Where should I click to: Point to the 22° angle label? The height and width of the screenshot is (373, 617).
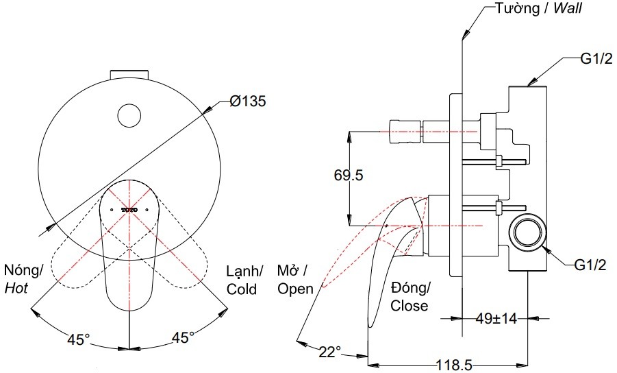tap(329, 352)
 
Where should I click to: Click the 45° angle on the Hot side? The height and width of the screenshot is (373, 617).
tap(78, 339)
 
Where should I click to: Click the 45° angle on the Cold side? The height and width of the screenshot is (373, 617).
tap(182, 337)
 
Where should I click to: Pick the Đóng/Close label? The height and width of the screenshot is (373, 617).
tap(409, 296)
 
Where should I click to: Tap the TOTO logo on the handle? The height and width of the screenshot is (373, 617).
tap(129, 208)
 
